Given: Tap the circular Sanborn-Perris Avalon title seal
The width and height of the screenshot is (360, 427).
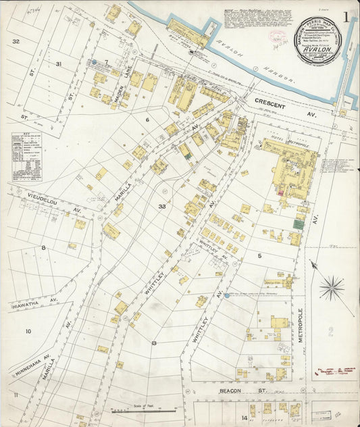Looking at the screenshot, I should [318, 40].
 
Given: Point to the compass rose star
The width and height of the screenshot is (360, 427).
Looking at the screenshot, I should [331, 288].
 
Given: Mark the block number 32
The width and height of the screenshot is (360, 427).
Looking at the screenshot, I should [15, 41].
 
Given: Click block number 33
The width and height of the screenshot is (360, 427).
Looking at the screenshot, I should [162, 205].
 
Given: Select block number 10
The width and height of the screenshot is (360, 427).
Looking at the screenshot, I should [28, 331].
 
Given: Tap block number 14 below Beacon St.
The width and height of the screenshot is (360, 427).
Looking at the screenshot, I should [245, 418].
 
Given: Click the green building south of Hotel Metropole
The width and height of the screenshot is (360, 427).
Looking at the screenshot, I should [298, 224].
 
